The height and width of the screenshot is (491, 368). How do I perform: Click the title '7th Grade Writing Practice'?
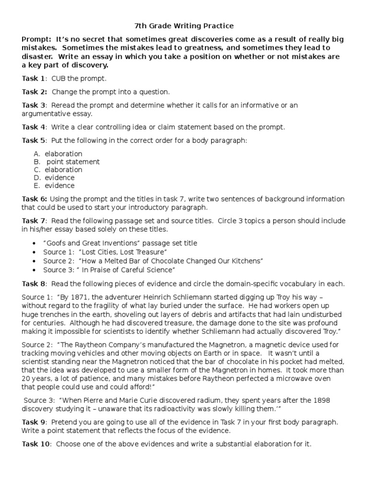(x=184, y=25)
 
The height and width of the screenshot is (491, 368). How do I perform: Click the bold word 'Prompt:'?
(x=37, y=39)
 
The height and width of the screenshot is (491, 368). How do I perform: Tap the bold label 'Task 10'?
(x=36, y=444)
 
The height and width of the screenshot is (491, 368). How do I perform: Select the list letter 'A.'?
(x=37, y=154)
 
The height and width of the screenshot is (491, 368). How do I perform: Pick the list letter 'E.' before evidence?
(x=37, y=186)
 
